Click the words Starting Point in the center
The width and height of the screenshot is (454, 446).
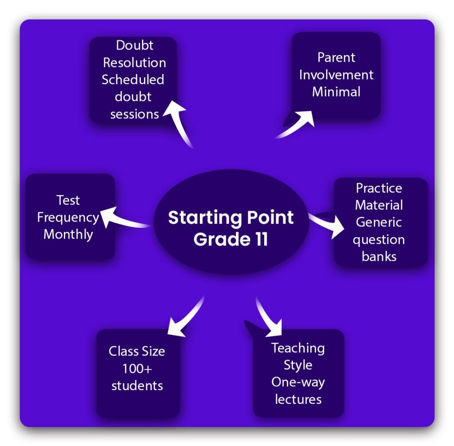pyautogui.click(x=231, y=218)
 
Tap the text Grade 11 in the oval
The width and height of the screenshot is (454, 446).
pyautogui.click(x=231, y=239)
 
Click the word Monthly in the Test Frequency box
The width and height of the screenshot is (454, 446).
pyautogui.click(x=68, y=234)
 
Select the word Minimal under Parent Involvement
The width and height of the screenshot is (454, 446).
pyautogui.click(x=336, y=92)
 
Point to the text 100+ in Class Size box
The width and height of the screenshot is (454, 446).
pyautogui.click(x=137, y=368)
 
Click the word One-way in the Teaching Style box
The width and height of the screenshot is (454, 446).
pyautogui.click(x=298, y=382)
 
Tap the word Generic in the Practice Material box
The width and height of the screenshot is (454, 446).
pyautogui.click(x=379, y=222)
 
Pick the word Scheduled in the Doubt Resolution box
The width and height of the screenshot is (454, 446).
pyautogui.click(x=133, y=79)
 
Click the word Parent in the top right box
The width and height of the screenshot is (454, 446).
pyautogui.click(x=336, y=58)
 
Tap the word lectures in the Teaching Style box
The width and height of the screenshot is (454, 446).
pyautogui.click(x=298, y=399)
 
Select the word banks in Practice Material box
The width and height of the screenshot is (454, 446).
pyautogui.click(x=379, y=256)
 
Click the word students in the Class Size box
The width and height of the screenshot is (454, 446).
pyautogui.click(x=137, y=385)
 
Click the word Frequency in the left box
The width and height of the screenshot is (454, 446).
pyautogui.click(x=68, y=217)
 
